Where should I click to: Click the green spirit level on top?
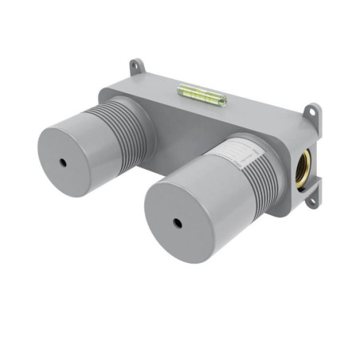point(202,96)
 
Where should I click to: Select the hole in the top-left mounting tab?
point(135,65)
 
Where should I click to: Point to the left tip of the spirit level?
point(181,89)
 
